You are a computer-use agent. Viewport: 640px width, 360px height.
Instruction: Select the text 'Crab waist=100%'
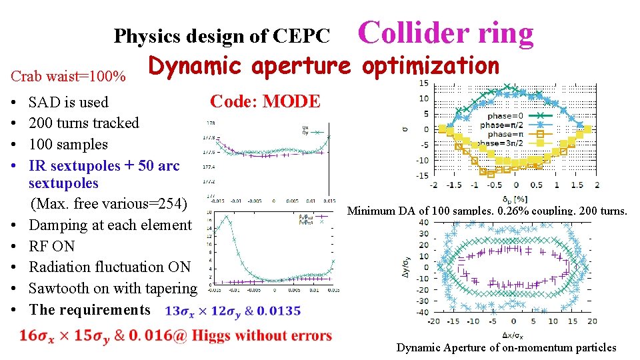(x=69, y=76)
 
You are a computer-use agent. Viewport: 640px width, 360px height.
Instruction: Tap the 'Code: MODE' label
(x=265, y=101)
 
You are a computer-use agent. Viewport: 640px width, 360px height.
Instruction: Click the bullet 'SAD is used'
(x=68, y=102)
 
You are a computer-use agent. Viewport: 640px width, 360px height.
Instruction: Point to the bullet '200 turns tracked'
(x=83, y=123)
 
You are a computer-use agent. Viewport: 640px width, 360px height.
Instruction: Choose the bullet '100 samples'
(x=68, y=144)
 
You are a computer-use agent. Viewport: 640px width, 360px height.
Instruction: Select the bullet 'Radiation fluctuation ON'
(x=109, y=267)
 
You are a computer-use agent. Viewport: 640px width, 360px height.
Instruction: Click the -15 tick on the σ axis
(x=423, y=175)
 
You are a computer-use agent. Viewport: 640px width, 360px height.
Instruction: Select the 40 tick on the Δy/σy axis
(x=423, y=221)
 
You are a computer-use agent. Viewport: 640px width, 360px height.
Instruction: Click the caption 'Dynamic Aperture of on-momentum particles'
(x=506, y=347)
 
